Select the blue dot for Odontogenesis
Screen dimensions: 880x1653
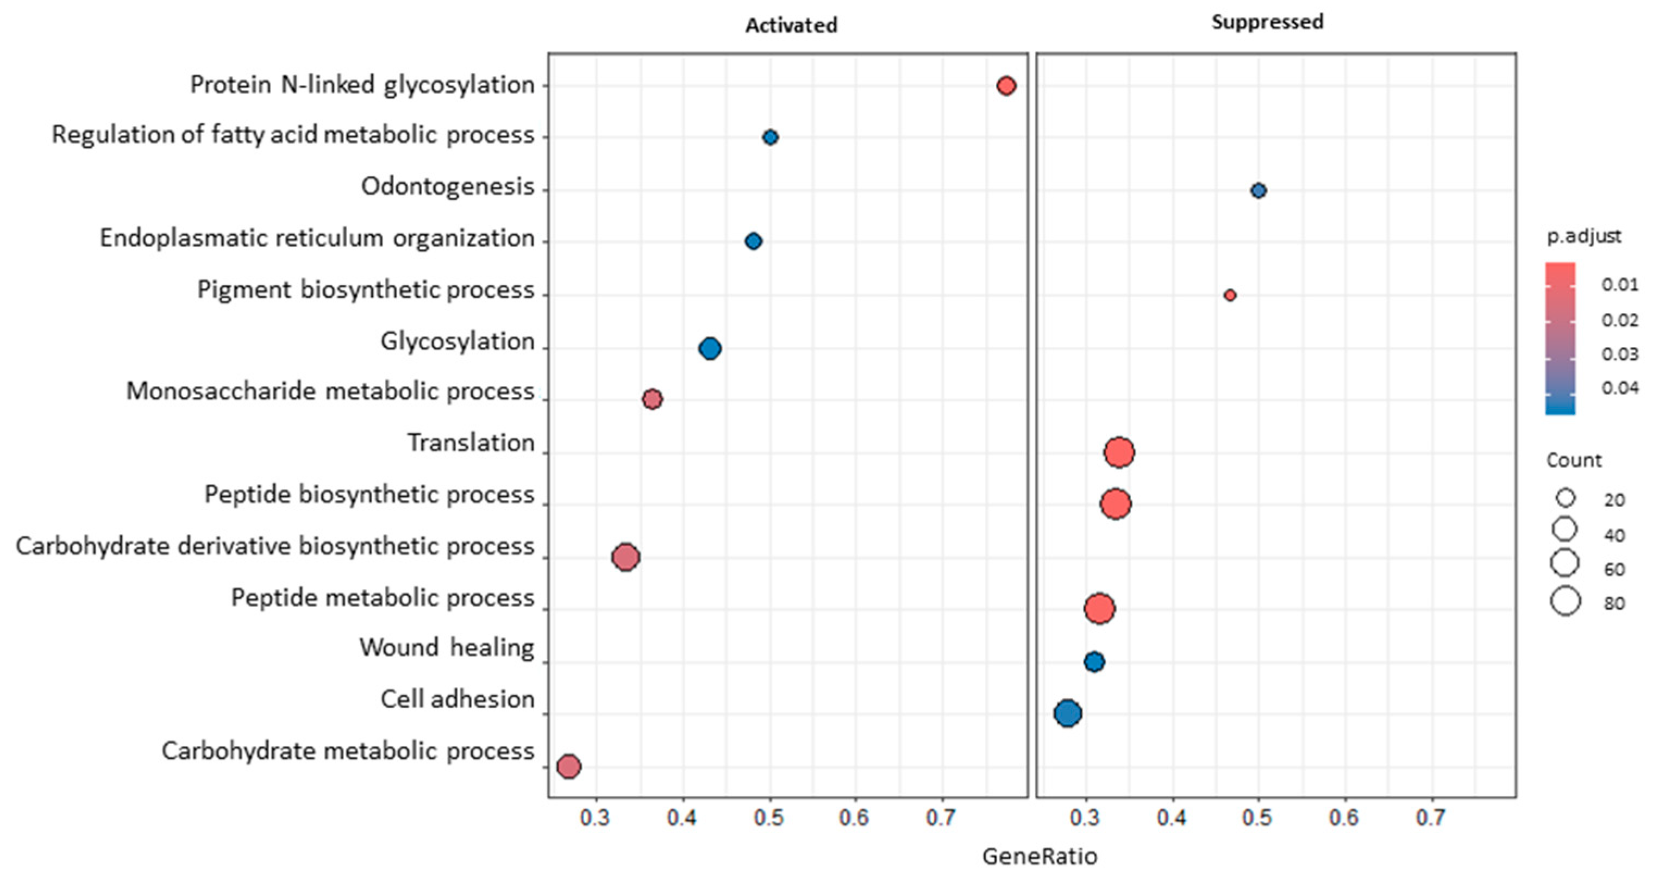coord(1258,190)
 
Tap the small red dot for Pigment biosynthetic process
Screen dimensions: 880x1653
coord(1230,295)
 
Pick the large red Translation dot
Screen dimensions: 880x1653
coord(1119,453)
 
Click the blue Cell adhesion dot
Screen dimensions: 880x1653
coord(1067,713)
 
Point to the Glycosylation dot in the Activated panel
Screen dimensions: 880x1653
coord(710,348)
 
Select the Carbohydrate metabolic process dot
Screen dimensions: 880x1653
coord(568,766)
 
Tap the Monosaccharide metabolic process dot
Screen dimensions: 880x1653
coord(652,400)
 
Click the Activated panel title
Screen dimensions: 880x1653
coord(791,25)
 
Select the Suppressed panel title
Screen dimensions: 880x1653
coord(1267,22)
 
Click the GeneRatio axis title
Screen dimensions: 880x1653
coord(1040,856)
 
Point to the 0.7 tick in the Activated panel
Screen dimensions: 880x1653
coord(941,817)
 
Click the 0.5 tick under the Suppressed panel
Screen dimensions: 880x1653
coord(1256,817)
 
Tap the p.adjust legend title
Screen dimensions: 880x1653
coord(1583,236)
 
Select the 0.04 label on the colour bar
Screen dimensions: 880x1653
coord(1619,388)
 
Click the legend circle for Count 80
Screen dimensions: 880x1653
coord(1565,602)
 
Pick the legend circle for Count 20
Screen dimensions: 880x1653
coord(1565,498)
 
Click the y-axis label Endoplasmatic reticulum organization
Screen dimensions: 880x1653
coord(317,238)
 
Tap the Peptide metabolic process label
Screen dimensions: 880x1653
coord(383,597)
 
